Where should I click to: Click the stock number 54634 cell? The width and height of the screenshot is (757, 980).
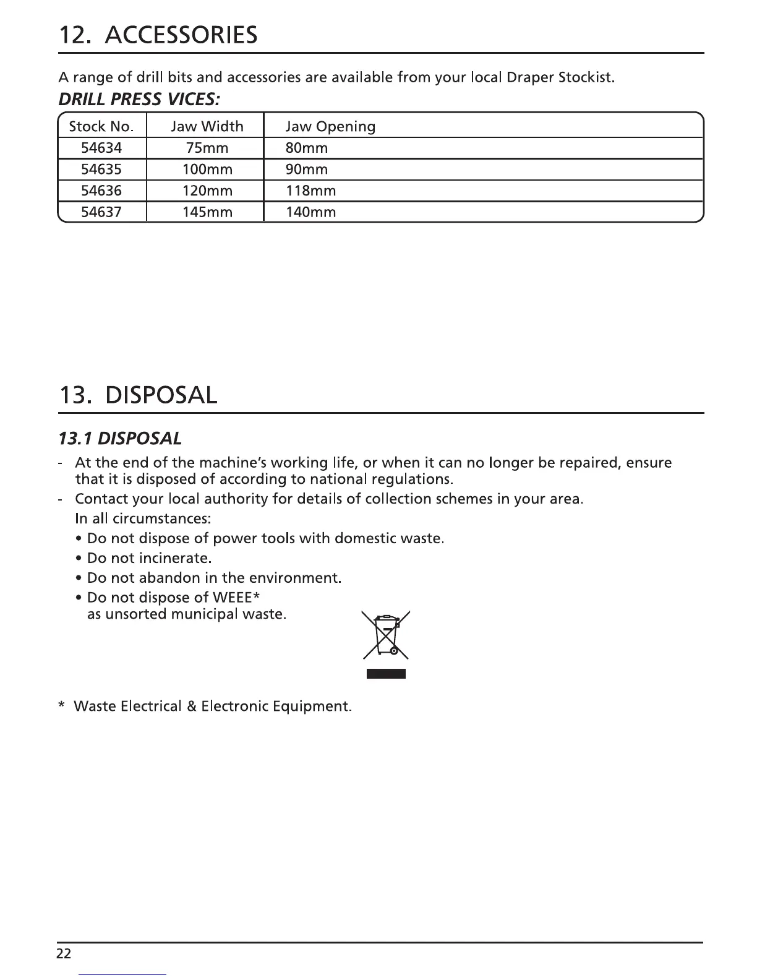[x=101, y=148]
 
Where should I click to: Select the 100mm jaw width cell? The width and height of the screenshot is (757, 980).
[x=207, y=170]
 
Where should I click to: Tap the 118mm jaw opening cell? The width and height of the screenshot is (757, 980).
[x=310, y=191]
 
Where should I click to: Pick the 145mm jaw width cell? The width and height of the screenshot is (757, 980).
[x=207, y=212]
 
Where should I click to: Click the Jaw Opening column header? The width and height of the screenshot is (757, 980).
[x=330, y=127]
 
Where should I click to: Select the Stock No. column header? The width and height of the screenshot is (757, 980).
[x=101, y=127]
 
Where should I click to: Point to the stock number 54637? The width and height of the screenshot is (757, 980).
[x=101, y=212]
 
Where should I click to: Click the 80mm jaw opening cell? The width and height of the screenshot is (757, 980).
[x=306, y=148]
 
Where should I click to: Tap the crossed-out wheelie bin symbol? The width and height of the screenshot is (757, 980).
[x=386, y=635]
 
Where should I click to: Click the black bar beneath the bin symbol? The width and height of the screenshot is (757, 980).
[x=386, y=674]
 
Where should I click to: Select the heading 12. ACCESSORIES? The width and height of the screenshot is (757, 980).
[x=158, y=35]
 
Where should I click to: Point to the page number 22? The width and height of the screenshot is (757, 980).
[x=64, y=953]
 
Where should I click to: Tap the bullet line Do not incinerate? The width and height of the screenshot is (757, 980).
[x=149, y=558]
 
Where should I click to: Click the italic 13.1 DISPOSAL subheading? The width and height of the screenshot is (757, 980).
[x=119, y=439]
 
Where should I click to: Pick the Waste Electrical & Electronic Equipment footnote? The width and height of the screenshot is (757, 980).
[x=212, y=706]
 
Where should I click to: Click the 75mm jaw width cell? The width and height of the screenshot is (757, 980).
[x=207, y=148]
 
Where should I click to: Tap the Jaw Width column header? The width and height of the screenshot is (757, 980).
[x=207, y=127]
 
